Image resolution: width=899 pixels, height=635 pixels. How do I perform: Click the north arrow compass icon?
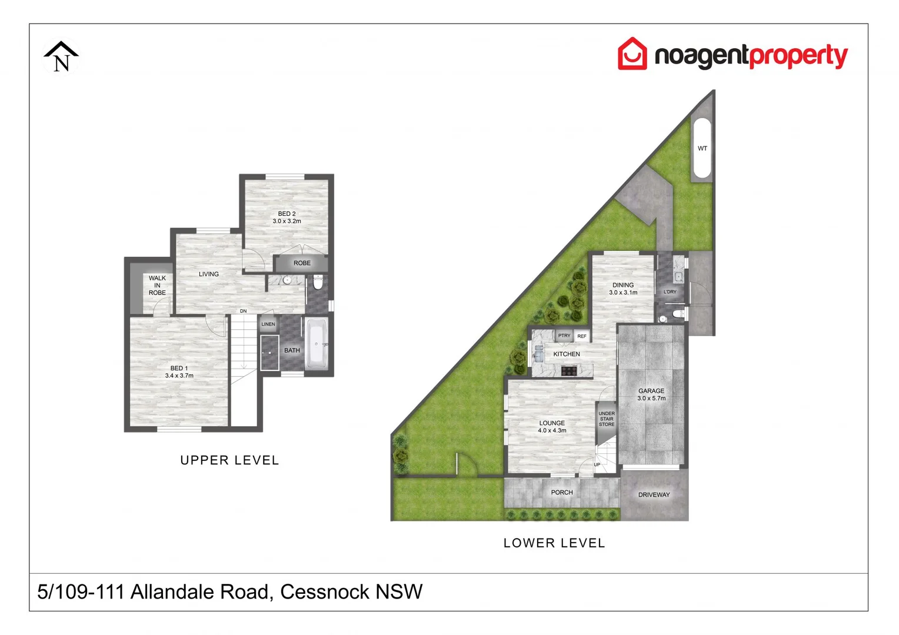(61, 56)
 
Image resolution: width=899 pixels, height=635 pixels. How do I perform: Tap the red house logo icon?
(632, 54)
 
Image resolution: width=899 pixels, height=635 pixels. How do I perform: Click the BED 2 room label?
(287, 214)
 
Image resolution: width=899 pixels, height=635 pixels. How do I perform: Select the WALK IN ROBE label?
(157, 285)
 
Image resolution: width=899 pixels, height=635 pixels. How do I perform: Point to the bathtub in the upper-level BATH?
(317, 343)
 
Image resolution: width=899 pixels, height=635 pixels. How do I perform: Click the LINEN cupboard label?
(268, 324)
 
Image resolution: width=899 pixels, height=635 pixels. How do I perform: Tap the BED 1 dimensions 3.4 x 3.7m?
(179, 376)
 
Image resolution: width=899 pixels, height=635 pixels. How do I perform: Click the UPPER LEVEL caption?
(229, 460)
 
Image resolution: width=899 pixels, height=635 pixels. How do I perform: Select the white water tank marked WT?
(702, 148)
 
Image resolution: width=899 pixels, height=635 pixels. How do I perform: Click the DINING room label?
(623, 285)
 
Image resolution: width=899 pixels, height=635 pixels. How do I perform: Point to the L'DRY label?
(670, 292)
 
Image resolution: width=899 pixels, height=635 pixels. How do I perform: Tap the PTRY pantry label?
(564, 336)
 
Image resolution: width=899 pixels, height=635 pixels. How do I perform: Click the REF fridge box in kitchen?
(582, 336)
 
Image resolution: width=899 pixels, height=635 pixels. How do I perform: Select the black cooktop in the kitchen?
(568, 370)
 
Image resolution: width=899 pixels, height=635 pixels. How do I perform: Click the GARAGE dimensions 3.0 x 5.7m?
(651, 399)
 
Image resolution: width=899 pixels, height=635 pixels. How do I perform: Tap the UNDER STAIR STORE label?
(607, 419)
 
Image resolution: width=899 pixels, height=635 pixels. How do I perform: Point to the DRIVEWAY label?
(654, 495)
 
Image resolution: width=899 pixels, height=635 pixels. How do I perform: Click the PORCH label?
(562, 493)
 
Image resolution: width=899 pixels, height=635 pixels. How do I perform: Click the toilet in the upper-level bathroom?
(318, 283)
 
